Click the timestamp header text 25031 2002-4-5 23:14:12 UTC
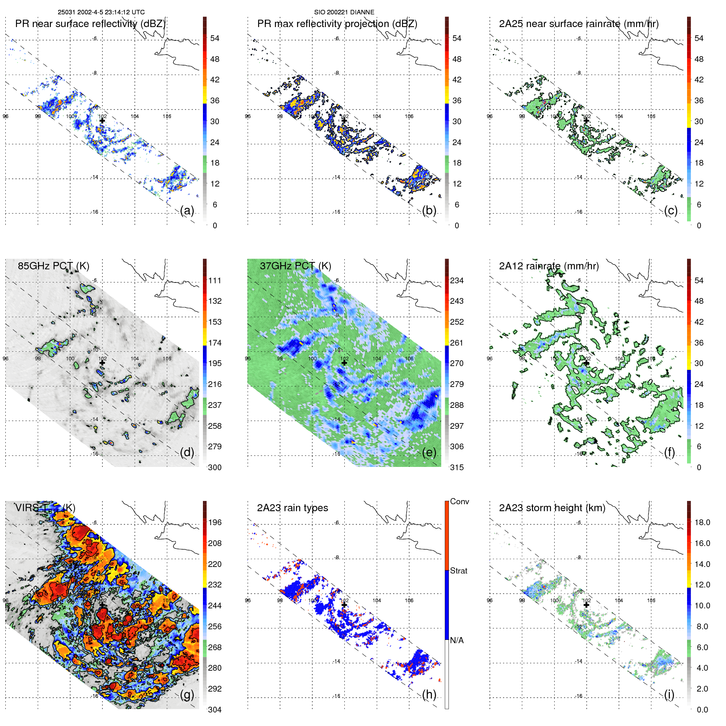tap(101, 12)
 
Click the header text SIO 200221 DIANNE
tap(344, 12)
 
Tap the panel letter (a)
tap(187, 211)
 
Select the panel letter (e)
tap(429, 453)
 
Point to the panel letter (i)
tap(669, 694)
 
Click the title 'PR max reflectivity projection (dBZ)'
tap(337, 24)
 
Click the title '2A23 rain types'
tap(292, 508)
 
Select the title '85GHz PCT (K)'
tap(53, 266)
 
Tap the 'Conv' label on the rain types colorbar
tap(459, 501)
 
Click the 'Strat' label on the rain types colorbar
tap(458, 571)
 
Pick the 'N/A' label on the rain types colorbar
tap(457, 640)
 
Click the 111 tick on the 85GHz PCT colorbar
tap(215, 281)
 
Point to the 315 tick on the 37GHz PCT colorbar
tap(457, 467)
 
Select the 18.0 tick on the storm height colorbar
tap(702, 523)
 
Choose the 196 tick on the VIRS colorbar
tap(215, 523)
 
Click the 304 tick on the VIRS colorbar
tap(215, 710)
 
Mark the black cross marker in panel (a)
tap(102, 121)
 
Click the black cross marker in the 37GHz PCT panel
tap(344, 363)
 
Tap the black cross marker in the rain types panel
tap(344, 605)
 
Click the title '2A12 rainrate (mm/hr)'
tap(548, 266)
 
